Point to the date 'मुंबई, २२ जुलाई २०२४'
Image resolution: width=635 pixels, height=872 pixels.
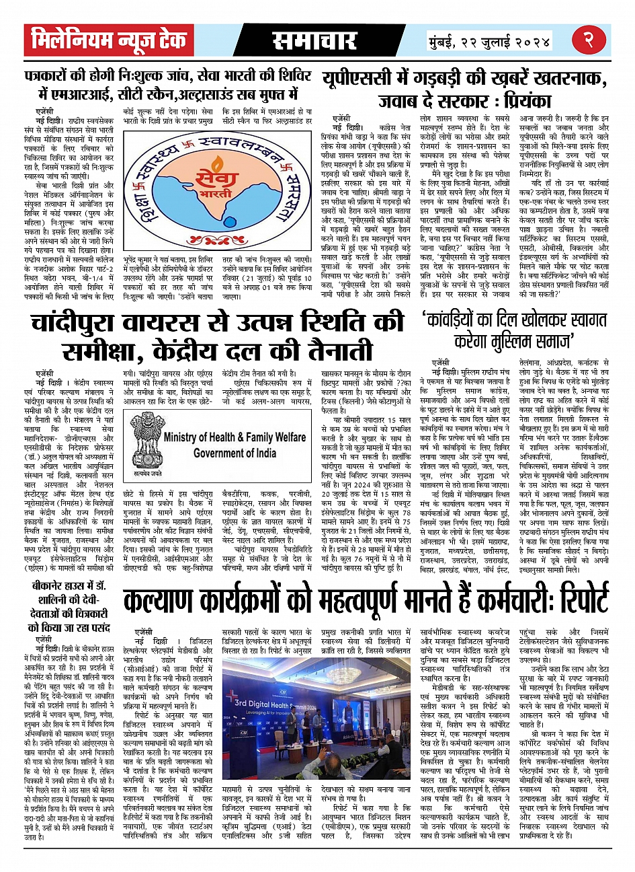click(490, 42)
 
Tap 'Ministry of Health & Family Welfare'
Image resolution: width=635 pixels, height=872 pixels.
click(234, 437)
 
